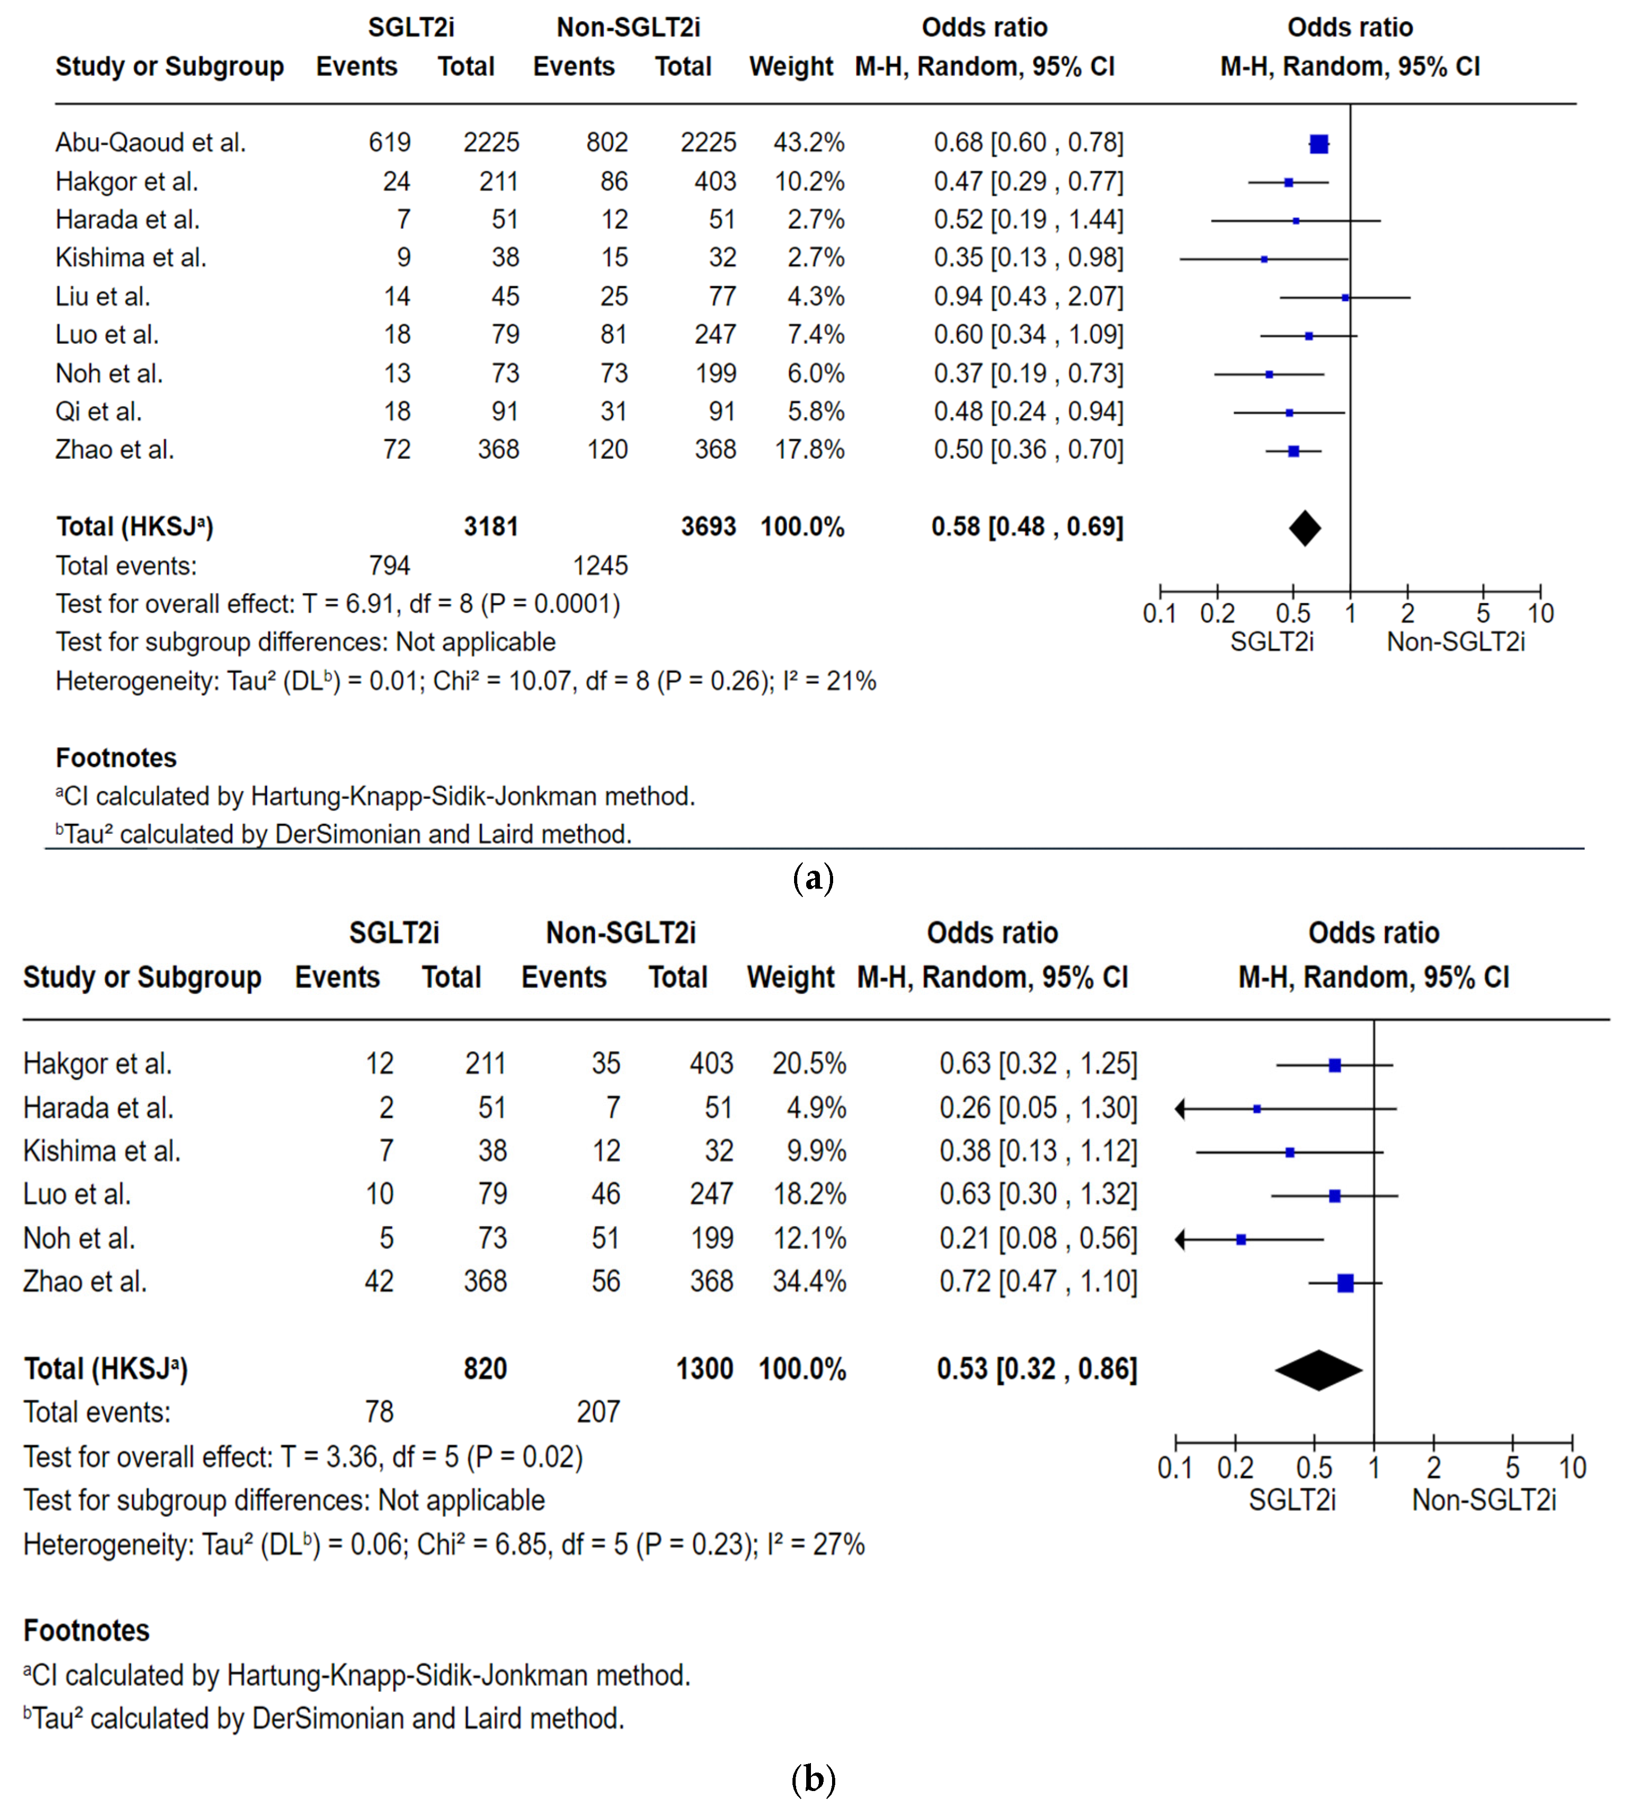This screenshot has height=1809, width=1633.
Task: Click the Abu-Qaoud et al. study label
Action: pos(151,143)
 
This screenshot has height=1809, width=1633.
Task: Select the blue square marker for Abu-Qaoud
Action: pos(1318,144)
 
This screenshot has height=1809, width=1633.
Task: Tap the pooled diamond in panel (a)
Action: pos(1305,527)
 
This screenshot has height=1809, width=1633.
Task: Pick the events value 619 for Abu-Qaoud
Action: pos(390,143)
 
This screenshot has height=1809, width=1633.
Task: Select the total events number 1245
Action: pos(600,566)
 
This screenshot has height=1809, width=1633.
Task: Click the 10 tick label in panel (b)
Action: pos(1572,1469)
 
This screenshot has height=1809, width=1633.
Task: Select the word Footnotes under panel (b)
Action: pos(86,1631)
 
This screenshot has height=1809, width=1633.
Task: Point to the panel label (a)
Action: pos(813,878)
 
